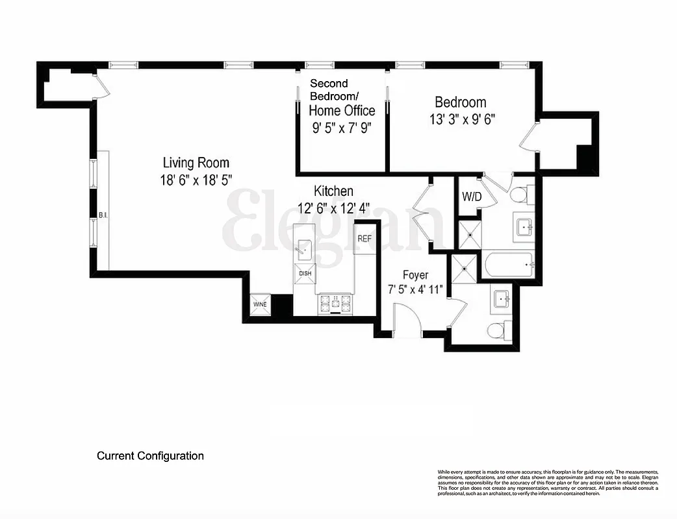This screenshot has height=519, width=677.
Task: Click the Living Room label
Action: [x=196, y=163]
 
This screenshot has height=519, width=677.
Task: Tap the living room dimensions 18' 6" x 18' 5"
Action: [x=196, y=180]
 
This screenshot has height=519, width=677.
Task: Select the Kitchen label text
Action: [x=333, y=191]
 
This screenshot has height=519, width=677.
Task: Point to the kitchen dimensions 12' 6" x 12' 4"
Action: [x=333, y=208]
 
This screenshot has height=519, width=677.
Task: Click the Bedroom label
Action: [x=460, y=102]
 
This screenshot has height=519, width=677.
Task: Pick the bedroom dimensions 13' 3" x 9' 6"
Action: [x=463, y=119]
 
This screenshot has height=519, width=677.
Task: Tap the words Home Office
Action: [x=342, y=110]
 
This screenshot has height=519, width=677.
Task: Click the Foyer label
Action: [x=415, y=275]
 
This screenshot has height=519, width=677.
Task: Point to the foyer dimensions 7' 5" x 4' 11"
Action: [x=415, y=289]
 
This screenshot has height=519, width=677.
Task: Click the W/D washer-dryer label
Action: [x=471, y=196]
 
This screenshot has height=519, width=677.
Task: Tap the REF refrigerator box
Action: [x=364, y=239]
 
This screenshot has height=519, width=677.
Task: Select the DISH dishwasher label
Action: [x=305, y=273]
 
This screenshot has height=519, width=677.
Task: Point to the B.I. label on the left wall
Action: [x=103, y=215]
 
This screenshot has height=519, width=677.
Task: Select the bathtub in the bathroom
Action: [x=509, y=264]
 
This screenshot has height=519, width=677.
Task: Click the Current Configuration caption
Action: [x=150, y=456]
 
